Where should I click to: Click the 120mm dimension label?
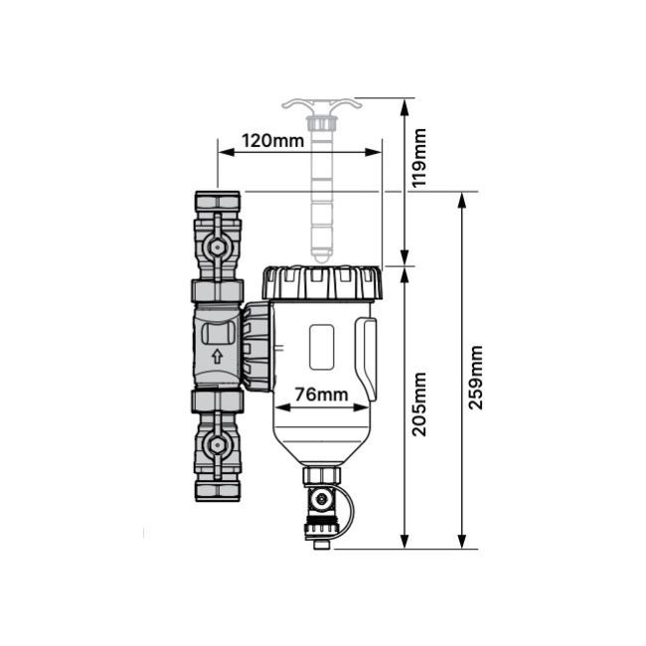(272, 141)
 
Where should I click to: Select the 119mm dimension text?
(419, 158)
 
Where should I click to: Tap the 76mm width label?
(321, 395)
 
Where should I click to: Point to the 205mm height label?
(419, 404)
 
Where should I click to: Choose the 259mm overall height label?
(476, 378)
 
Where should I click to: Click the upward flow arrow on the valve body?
(217, 357)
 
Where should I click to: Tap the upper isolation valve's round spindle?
(217, 247)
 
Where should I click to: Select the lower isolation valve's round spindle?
(217, 445)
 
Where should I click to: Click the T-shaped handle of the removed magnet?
(322, 104)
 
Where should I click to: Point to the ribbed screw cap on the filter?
(322, 283)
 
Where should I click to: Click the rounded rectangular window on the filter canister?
(321, 347)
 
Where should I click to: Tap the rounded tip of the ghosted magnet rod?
(321, 258)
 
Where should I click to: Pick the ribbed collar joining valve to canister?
(256, 347)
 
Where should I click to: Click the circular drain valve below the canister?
(321, 500)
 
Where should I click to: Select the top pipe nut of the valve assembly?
(217, 201)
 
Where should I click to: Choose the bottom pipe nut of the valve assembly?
(217, 492)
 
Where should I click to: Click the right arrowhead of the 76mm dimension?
(361, 407)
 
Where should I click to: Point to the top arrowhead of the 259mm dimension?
(462, 200)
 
